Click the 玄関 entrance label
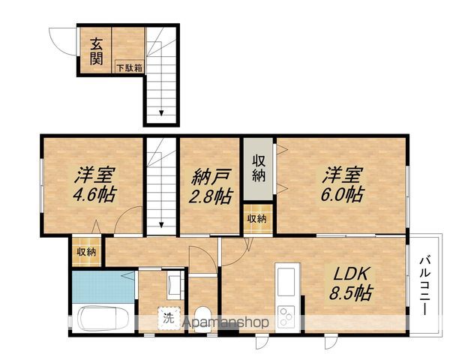click(x=97, y=52)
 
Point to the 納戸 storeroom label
click(x=208, y=177)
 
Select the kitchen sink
click(x=286, y=282)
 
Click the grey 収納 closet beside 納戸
click(x=259, y=168)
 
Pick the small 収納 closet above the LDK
click(x=257, y=219)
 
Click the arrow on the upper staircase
click(x=160, y=112)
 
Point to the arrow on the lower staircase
click(x=161, y=223)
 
